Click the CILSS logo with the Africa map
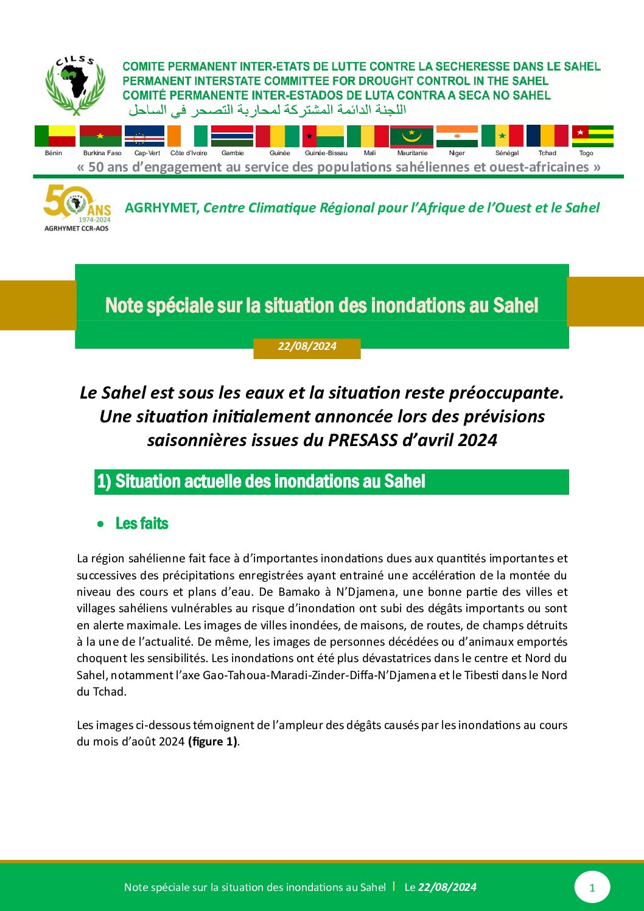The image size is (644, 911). (x=75, y=85)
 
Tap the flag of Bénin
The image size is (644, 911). (x=55, y=136)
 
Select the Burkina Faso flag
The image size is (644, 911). (x=100, y=136)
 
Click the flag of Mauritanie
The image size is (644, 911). (x=411, y=136)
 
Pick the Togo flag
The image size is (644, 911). (x=592, y=136)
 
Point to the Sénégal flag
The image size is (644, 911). (x=502, y=136)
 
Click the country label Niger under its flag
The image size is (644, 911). (x=457, y=153)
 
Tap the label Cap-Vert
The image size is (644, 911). (x=147, y=153)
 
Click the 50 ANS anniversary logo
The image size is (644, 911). (x=77, y=208)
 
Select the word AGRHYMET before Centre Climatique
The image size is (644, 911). (x=161, y=208)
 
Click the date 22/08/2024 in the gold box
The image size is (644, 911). (x=307, y=347)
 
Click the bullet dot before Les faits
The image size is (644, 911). (x=101, y=524)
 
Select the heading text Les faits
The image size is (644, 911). (x=142, y=524)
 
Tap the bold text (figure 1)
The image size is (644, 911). (x=213, y=742)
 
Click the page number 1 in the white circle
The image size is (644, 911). (x=592, y=888)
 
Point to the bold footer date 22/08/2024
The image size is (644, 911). (x=447, y=887)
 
